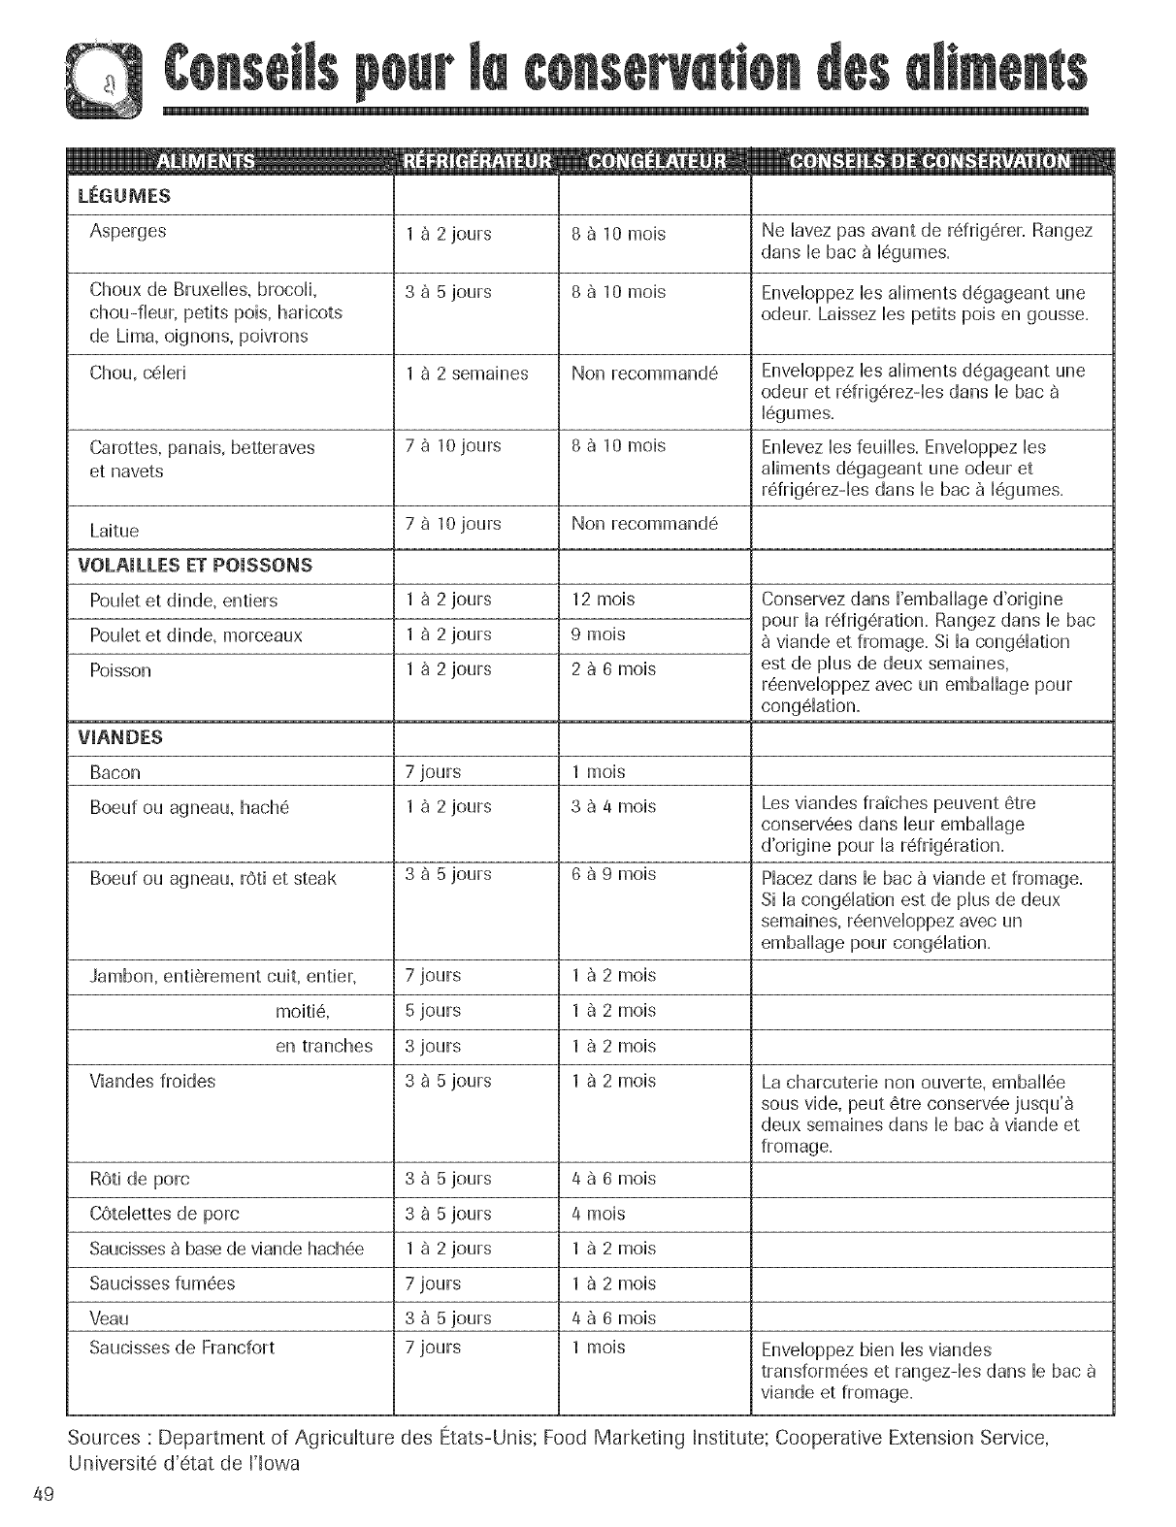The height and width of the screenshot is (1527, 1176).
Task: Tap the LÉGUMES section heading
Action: click(x=124, y=196)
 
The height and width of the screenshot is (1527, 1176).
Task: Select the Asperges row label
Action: click(x=127, y=231)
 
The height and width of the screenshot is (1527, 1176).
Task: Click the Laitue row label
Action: click(x=114, y=531)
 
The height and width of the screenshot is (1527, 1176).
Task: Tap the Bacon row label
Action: click(x=114, y=773)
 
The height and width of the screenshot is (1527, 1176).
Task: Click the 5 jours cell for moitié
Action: click(x=433, y=1011)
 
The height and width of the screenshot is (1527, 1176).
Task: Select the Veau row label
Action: click(x=109, y=1318)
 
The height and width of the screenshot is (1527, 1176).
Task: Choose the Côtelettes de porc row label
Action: click(x=164, y=1214)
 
